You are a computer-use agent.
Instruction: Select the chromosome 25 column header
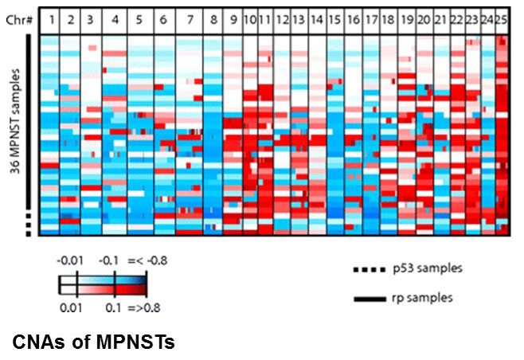[x=502, y=16]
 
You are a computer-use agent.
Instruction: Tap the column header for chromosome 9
[x=233, y=16]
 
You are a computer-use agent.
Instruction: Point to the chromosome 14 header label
[x=316, y=16]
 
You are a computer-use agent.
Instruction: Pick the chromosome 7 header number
[x=189, y=16]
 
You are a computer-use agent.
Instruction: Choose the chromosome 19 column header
[x=406, y=16]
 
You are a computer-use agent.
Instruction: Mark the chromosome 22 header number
[x=457, y=16]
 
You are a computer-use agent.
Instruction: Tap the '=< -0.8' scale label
[x=149, y=259]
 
